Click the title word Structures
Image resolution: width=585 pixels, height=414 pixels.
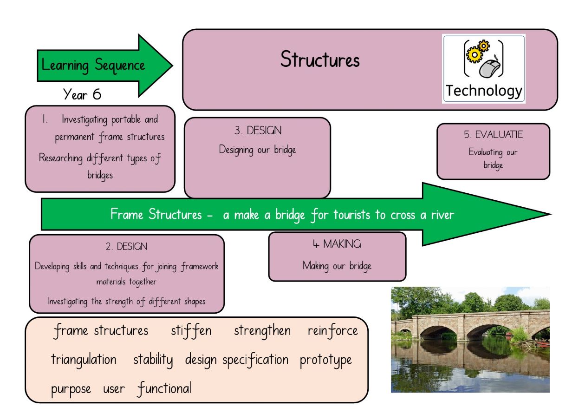(x=320, y=59)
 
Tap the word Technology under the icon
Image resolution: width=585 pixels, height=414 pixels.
(x=484, y=91)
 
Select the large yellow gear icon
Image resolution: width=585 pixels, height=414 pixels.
(x=474, y=55)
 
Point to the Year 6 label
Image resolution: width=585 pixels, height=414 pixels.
(x=82, y=94)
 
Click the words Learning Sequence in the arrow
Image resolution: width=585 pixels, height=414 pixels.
(x=93, y=65)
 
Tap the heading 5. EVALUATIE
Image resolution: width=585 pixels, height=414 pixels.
(x=493, y=135)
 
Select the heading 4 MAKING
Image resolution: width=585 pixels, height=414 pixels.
(x=337, y=244)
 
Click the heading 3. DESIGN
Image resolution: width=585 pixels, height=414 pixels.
(x=258, y=131)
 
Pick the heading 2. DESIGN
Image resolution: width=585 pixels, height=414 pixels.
(x=126, y=246)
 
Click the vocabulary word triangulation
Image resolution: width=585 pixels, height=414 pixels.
(x=84, y=360)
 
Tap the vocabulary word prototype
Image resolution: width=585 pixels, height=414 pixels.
(x=325, y=361)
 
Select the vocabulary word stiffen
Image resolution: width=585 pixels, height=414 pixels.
(x=191, y=331)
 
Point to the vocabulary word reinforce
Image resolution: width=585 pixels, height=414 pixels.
(x=332, y=331)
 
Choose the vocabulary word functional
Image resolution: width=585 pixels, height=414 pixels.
(x=164, y=388)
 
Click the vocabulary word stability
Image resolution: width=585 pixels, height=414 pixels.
(x=153, y=360)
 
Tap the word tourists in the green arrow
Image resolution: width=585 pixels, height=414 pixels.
(x=351, y=215)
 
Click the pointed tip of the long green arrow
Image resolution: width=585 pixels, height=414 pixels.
(x=551, y=214)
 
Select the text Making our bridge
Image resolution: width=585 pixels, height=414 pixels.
(x=337, y=266)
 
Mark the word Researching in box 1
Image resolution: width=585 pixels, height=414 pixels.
(x=60, y=158)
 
